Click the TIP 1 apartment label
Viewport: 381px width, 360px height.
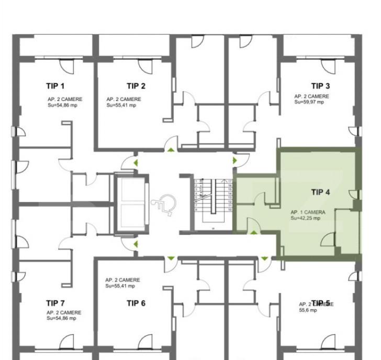click(x=55, y=86)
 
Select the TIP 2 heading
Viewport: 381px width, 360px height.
click(x=136, y=86)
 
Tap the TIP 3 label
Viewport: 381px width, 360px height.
click(x=320, y=86)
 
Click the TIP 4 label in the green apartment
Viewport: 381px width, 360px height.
click(x=320, y=192)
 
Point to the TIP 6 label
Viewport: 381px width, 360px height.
click(x=136, y=303)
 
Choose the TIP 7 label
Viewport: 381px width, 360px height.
click(x=55, y=303)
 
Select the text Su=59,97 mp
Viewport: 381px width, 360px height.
click(x=309, y=102)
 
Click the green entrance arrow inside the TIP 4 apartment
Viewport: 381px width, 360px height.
click(x=254, y=233)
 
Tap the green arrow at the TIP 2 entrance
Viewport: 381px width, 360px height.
click(x=171, y=151)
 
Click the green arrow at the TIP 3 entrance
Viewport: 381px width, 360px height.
click(x=234, y=160)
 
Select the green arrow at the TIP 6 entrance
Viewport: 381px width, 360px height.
click(x=171, y=258)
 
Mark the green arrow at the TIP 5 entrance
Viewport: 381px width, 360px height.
click(x=264, y=258)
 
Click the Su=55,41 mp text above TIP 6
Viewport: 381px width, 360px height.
click(x=121, y=286)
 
